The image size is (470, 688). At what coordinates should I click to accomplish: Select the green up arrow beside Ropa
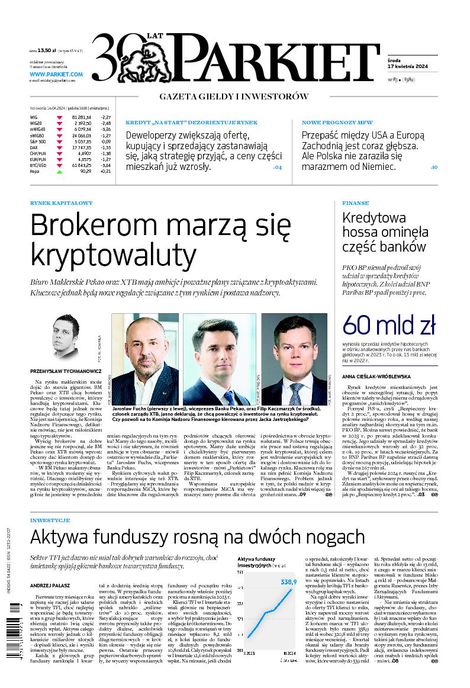click(59, 171)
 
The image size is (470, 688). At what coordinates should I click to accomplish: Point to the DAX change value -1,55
click(106, 147)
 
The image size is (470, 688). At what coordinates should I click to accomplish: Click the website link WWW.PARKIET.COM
click(56, 75)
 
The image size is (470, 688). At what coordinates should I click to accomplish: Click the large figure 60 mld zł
click(389, 324)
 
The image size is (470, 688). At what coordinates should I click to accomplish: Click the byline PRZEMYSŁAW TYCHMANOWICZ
click(66, 372)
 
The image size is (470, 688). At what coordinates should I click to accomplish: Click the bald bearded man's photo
click(144, 359)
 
